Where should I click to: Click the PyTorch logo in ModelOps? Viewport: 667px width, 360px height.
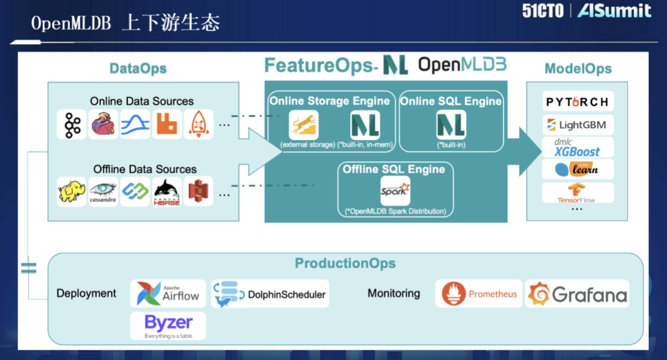(577, 102)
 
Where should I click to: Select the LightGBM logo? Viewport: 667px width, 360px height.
(577, 125)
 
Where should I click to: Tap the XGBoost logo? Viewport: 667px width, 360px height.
(577, 147)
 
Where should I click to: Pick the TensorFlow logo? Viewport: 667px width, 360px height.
(577, 193)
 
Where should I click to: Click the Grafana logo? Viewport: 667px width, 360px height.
(577, 294)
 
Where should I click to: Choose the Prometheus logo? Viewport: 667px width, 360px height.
(479, 294)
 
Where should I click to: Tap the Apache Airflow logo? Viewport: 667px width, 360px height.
(168, 294)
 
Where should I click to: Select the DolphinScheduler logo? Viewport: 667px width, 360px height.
(270, 294)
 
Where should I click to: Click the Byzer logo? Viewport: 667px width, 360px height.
(168, 326)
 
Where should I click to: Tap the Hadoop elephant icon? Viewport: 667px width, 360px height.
(72, 191)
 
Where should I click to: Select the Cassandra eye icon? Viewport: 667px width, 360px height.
(103, 191)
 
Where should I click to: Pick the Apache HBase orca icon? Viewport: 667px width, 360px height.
(167, 191)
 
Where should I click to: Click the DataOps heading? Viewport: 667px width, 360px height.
(138, 68)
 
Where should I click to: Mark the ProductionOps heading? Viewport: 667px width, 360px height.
(345, 263)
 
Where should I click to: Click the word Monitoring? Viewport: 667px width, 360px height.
(394, 294)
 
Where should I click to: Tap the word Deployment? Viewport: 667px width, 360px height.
(86, 294)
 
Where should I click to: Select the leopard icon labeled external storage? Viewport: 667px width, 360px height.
(303, 125)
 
